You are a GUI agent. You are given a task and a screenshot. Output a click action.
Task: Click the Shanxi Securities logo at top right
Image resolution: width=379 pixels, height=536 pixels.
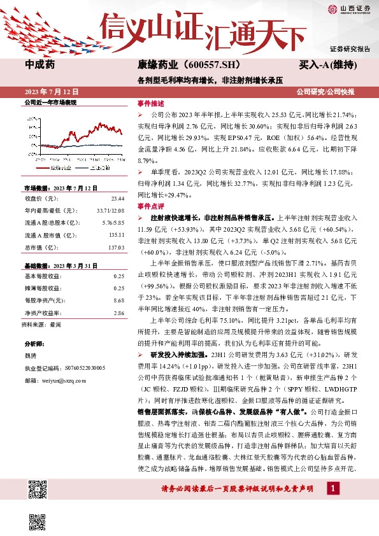[348, 8]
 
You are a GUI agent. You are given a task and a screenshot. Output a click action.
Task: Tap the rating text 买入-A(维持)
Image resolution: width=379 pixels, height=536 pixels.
[327, 65]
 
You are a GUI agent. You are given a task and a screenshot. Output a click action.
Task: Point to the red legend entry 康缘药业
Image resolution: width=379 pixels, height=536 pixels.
[60, 167]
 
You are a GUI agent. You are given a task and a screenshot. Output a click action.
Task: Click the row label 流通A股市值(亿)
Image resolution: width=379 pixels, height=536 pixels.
[50, 234]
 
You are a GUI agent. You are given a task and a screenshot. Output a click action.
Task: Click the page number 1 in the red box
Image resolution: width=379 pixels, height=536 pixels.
[333, 488]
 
